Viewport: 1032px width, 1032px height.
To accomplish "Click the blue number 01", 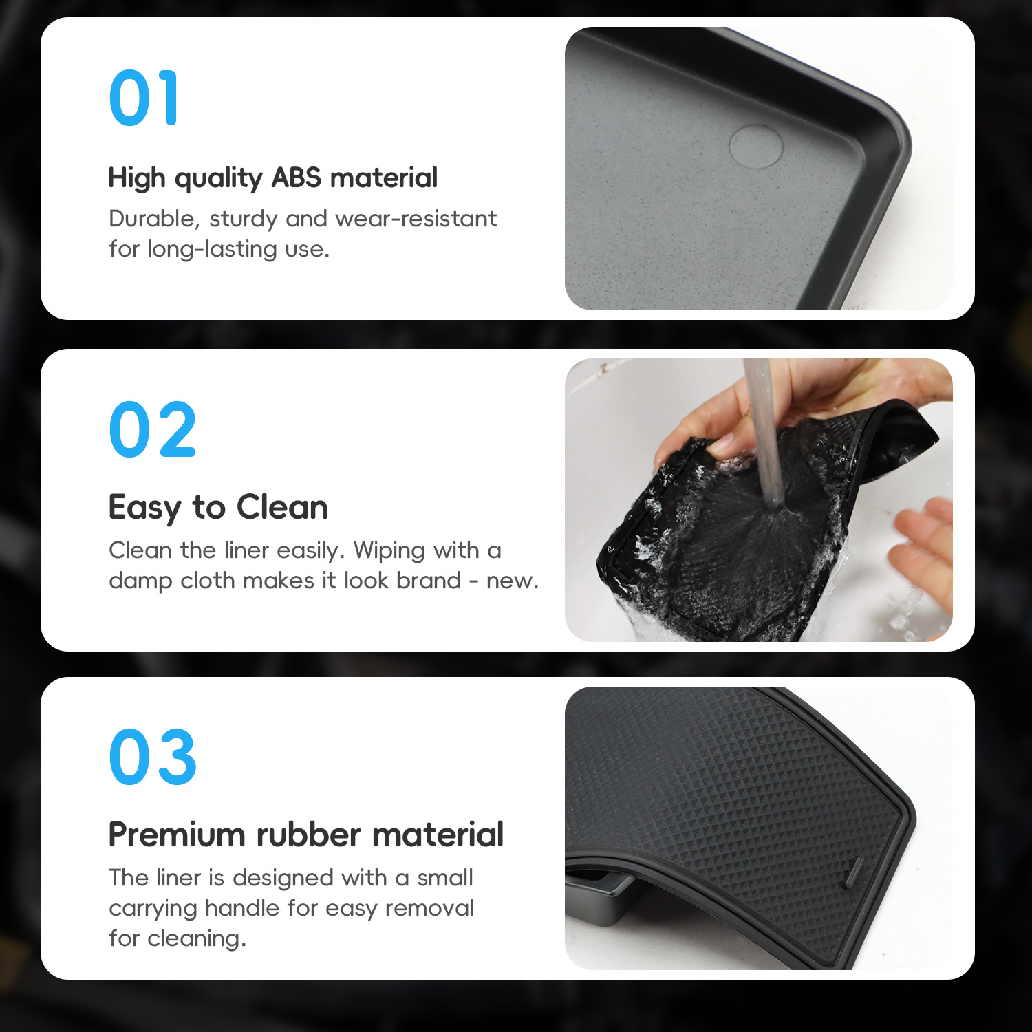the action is coord(144,98).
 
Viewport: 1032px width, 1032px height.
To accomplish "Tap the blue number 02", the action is coord(153,429).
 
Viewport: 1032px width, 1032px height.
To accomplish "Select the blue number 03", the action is coord(153,757).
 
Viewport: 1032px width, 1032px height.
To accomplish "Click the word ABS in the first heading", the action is coord(297,178).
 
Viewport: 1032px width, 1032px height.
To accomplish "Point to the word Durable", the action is coord(154,219).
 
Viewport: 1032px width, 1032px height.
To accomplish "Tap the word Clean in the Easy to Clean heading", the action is coord(282,507).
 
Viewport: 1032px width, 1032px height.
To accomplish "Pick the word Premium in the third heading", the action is coord(178,835).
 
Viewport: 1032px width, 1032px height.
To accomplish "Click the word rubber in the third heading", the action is coord(308,835).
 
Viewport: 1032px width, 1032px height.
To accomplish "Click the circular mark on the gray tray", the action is coord(755,145).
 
